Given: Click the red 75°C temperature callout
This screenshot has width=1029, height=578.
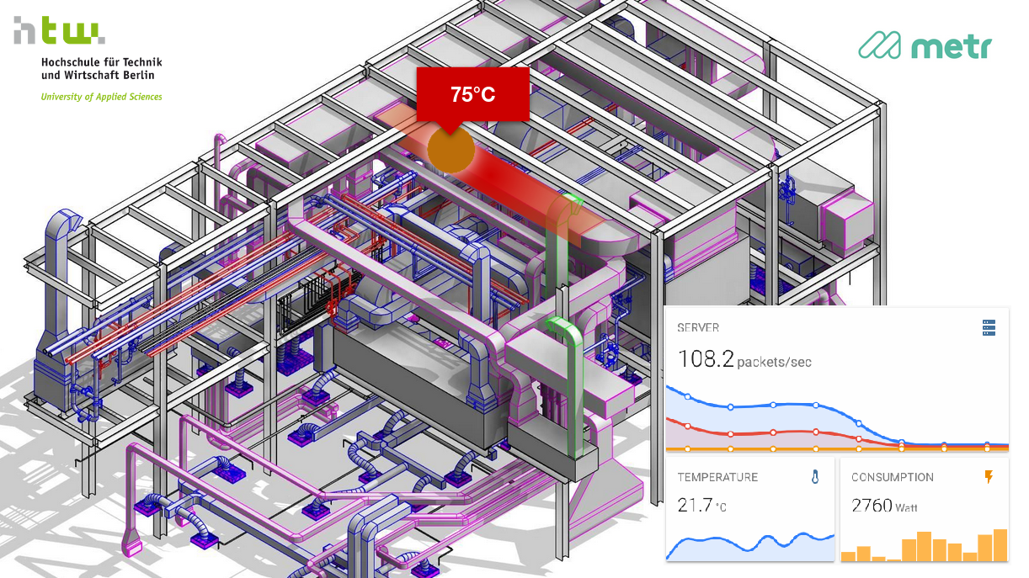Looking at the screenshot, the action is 472,94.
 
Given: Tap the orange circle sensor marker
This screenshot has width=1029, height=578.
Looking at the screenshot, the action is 451,150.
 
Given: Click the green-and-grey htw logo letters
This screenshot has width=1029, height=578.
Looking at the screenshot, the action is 59,30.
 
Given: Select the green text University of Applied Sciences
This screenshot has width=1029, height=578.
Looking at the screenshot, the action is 102,97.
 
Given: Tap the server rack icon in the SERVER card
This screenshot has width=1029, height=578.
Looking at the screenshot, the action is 989,328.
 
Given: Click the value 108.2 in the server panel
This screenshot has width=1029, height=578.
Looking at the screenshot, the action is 706,359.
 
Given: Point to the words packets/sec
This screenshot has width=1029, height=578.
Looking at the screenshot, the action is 775,363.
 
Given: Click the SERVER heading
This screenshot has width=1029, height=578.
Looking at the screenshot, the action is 698,328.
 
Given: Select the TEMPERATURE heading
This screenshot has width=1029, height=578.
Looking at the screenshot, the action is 717,477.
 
